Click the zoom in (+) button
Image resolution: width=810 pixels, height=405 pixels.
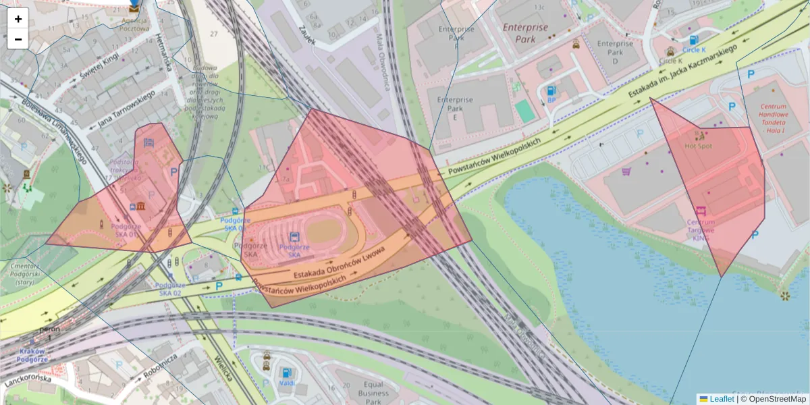pos(18,18)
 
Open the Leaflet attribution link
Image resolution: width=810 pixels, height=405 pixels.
pos(722,399)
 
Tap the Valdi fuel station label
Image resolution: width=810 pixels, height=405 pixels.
pos(287,383)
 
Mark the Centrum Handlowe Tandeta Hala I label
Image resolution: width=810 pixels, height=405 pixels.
pos(774,118)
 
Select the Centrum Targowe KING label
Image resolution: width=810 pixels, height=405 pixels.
pos(701,230)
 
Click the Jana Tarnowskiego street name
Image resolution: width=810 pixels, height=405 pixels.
pos(126,109)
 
